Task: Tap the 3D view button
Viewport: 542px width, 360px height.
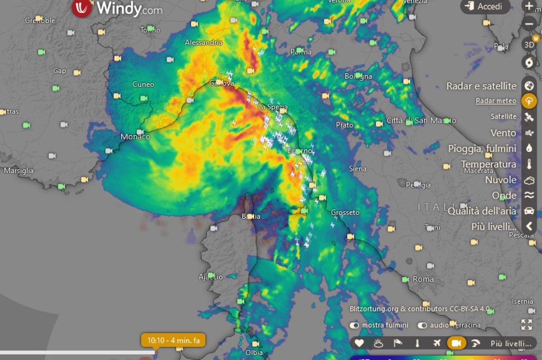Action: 529,45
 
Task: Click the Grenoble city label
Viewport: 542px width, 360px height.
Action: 40,21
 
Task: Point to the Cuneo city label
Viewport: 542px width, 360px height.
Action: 143,84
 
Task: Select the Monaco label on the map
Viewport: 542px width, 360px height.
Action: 135,137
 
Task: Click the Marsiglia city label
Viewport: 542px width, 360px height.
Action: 19,170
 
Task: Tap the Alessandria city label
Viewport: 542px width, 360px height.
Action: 203,42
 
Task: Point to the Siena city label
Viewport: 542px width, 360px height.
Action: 358,169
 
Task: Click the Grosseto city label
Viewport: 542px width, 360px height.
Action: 345,213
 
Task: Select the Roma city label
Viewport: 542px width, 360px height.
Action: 423,279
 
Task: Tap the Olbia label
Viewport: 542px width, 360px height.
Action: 254,352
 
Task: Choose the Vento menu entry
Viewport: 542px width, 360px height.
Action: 503,133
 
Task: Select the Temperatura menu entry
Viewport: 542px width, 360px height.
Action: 489,164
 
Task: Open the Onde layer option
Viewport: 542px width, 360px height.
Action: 504,195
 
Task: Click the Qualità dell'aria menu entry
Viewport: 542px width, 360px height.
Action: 482,211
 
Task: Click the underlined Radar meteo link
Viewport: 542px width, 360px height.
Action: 495,101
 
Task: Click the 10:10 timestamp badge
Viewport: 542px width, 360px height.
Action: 173,340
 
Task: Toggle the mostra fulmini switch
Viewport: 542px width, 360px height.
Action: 354,325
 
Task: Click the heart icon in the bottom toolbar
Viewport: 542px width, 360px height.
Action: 359,343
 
